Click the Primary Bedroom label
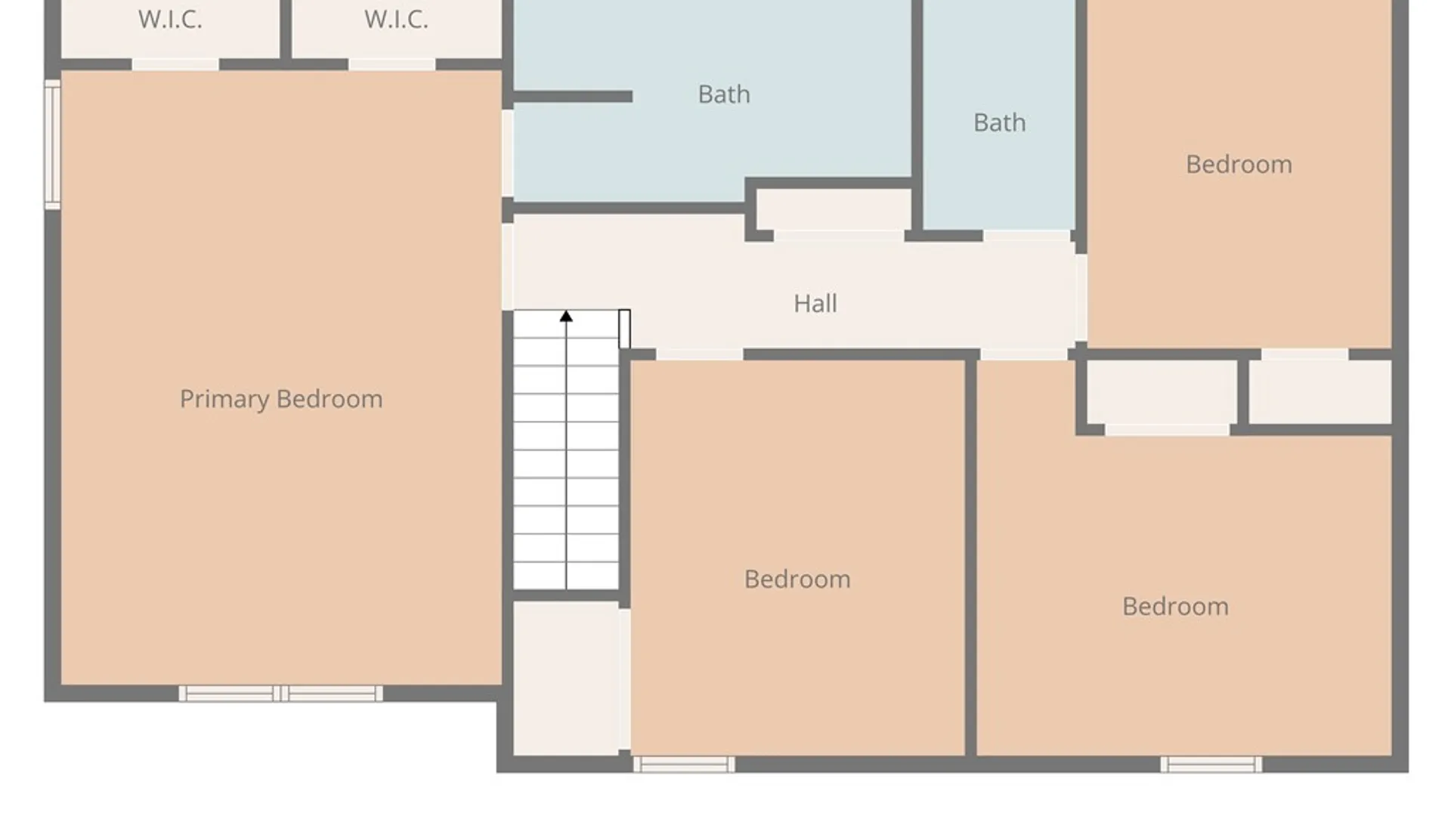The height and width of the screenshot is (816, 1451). [281, 399]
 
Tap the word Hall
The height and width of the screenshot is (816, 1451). [815, 304]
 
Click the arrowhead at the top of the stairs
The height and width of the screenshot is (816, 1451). [566, 316]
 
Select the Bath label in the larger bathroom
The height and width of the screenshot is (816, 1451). [724, 94]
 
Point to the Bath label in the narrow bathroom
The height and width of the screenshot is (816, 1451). [1000, 122]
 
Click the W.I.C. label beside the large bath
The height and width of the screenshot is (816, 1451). [396, 20]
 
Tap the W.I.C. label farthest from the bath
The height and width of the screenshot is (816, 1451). [170, 20]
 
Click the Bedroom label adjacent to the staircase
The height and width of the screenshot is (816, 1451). [797, 580]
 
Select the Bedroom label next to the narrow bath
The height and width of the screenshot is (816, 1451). [1239, 165]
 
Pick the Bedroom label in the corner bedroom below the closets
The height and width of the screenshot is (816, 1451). [1175, 607]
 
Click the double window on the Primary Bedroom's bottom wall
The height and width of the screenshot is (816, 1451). [280, 694]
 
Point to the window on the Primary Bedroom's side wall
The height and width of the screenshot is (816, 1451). [52, 144]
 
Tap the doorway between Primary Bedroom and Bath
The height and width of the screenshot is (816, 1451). [508, 153]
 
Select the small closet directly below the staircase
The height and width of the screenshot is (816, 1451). [567, 678]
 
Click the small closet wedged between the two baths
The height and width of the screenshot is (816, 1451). [834, 209]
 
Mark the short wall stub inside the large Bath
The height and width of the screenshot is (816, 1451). [572, 97]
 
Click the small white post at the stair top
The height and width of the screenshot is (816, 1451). [624, 329]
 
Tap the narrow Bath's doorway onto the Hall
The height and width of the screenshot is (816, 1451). [1027, 236]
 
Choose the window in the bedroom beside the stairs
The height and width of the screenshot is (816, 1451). [684, 765]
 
